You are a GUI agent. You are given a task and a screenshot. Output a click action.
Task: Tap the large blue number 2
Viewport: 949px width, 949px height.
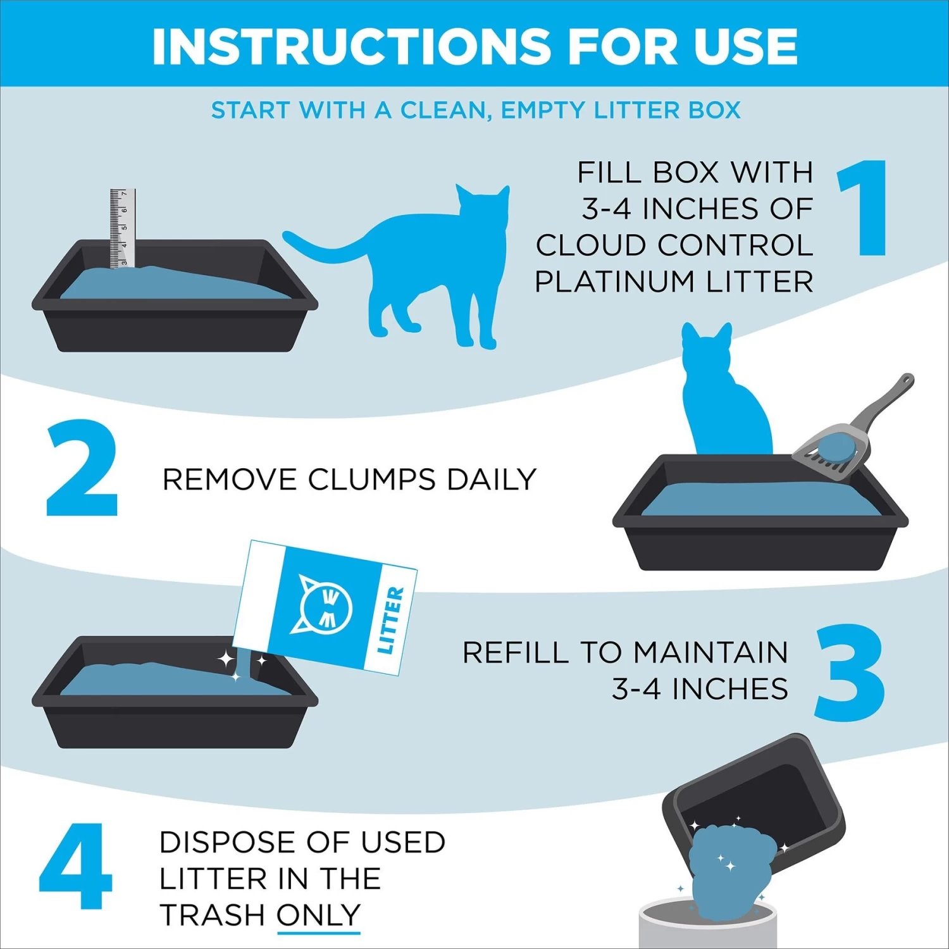pyautogui.click(x=82, y=468)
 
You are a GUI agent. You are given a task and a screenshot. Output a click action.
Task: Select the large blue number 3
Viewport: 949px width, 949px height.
pyautogui.click(x=849, y=672)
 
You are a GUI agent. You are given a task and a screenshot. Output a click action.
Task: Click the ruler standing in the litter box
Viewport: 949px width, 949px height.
pyautogui.click(x=122, y=228)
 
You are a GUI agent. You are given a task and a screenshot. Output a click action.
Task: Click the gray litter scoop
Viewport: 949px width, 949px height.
pyautogui.click(x=848, y=437)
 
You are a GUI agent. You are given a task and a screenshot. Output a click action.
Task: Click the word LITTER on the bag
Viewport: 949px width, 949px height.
pyautogui.click(x=390, y=620)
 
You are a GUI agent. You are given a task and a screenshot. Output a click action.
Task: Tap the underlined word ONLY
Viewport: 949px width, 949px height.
pyautogui.click(x=318, y=915)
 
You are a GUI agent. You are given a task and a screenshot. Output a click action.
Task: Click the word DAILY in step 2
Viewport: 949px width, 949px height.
pyautogui.click(x=492, y=480)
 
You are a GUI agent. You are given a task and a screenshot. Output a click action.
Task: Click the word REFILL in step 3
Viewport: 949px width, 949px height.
pyautogui.click(x=516, y=652)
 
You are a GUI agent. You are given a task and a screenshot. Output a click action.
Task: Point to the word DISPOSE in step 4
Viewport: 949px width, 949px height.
pyautogui.click(x=244, y=842)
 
